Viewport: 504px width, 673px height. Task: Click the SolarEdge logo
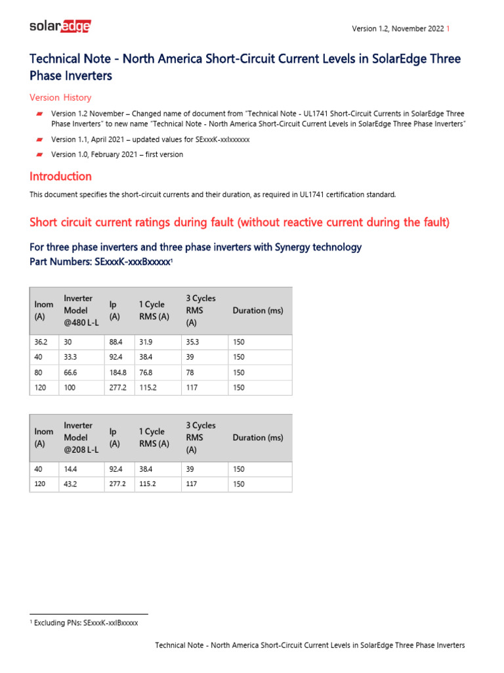coord(60,27)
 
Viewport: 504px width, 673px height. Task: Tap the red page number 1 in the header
coord(448,29)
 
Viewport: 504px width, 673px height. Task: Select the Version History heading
coord(60,98)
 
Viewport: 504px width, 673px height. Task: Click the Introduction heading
coord(60,176)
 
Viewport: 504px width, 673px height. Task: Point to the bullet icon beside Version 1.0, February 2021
coord(39,155)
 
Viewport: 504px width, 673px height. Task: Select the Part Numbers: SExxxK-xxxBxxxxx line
coord(100,262)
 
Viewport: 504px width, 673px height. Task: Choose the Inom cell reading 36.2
coord(41,342)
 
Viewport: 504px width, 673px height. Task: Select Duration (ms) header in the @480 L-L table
coord(258,310)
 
